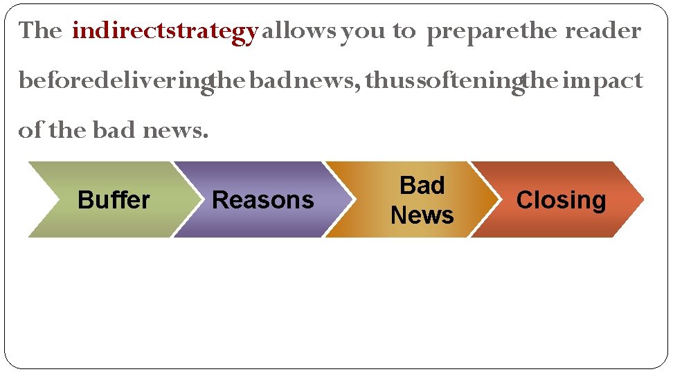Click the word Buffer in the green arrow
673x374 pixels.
114,200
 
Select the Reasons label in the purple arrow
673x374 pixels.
262,200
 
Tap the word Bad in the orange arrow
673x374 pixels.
422,186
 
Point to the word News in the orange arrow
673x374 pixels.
422,215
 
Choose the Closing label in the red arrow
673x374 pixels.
561,200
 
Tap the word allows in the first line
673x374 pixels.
299,31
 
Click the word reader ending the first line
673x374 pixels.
603,31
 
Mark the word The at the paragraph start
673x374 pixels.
41,31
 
